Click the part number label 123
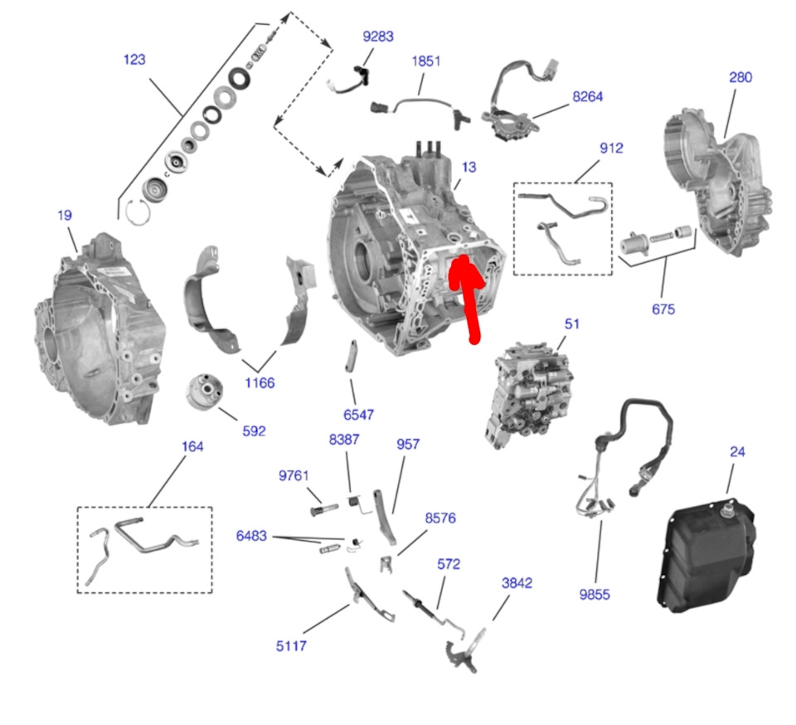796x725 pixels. (x=134, y=60)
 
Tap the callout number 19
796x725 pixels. (x=65, y=216)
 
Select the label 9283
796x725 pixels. (x=378, y=36)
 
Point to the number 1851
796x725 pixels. (x=426, y=61)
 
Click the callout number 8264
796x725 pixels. (x=587, y=96)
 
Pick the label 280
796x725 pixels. (x=740, y=77)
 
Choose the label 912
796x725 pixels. (x=611, y=148)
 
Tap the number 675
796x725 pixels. (x=663, y=309)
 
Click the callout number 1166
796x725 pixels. (x=260, y=383)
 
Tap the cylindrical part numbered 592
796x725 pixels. (x=203, y=392)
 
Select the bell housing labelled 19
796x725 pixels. (x=95, y=332)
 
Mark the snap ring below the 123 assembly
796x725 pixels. (x=138, y=212)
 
